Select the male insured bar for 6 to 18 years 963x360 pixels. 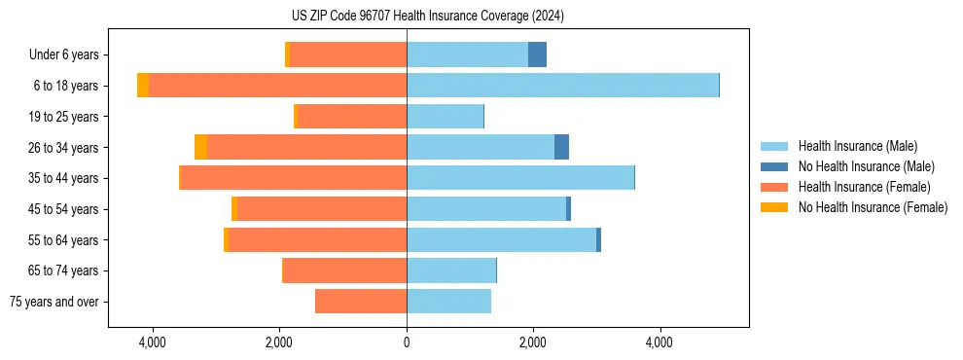[x=562, y=86]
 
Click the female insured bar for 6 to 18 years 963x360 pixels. [x=277, y=86]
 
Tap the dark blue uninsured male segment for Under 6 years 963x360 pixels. [x=537, y=54]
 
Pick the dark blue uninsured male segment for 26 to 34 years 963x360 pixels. [x=561, y=147]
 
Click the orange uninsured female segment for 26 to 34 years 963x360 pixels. [x=200, y=147]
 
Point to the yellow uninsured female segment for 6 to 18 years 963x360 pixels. [x=143, y=86]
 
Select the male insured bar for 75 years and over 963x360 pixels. [x=448, y=302]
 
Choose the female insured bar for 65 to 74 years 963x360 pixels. [x=344, y=270]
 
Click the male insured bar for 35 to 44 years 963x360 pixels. [x=520, y=178]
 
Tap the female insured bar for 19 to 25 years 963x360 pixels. [x=351, y=117]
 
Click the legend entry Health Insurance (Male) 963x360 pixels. [x=857, y=146]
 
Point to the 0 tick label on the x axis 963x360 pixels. [x=407, y=342]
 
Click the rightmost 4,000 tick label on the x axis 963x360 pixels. [x=660, y=342]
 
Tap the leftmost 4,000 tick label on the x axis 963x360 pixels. [x=153, y=342]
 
